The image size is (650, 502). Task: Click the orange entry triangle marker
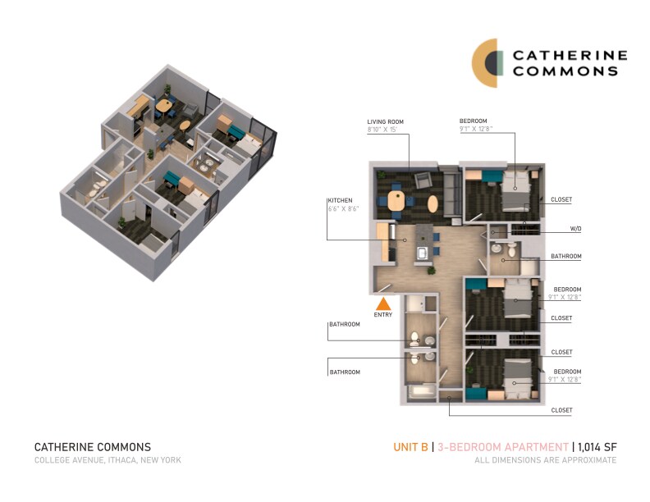(x=383, y=303)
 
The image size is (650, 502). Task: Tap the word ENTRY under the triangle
(x=383, y=315)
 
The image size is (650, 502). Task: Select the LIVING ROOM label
(x=385, y=121)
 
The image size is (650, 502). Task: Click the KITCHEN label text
(x=340, y=200)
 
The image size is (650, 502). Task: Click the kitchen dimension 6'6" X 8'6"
(x=344, y=209)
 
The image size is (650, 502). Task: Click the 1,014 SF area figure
(x=597, y=447)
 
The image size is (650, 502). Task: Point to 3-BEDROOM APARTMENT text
(x=502, y=447)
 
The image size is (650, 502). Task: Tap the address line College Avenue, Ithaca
(x=108, y=460)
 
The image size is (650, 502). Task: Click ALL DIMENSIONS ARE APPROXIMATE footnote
(x=545, y=460)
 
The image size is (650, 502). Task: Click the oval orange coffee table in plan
(x=433, y=202)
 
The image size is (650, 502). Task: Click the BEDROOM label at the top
(x=474, y=121)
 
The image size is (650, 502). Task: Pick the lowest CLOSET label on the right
(x=561, y=409)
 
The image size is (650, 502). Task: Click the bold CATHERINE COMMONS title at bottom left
(x=93, y=447)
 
